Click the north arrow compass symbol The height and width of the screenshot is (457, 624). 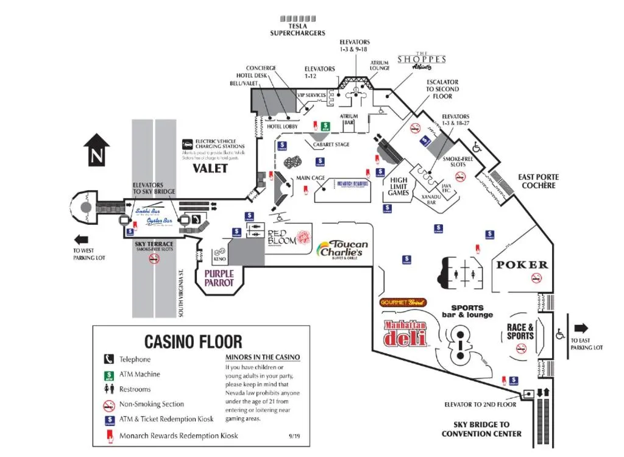click(x=96, y=150)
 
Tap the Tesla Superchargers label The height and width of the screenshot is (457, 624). click(x=298, y=29)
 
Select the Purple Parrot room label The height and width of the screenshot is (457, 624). click(x=219, y=278)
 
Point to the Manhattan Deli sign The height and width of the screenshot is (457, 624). click(x=405, y=333)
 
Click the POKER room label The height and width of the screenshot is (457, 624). click(x=522, y=265)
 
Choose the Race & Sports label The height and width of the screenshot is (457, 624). click(x=520, y=332)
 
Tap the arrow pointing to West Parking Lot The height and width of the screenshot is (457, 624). click(x=82, y=239)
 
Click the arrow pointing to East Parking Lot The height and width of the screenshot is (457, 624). click(x=581, y=327)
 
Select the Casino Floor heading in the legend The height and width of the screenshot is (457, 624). click(x=193, y=341)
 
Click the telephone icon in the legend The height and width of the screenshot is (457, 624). click(x=109, y=360)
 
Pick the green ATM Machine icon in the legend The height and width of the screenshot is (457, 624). click(x=109, y=375)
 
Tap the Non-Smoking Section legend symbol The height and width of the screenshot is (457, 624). click(x=109, y=405)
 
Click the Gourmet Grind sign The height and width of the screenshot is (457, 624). click(x=403, y=302)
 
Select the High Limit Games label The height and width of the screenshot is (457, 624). click(x=398, y=186)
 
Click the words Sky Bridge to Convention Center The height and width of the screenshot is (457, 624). click(x=481, y=429)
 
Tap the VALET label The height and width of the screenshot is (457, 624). click(x=210, y=168)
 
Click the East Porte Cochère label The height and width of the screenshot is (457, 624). click(x=539, y=181)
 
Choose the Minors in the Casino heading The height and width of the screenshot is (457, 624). click(x=263, y=358)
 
